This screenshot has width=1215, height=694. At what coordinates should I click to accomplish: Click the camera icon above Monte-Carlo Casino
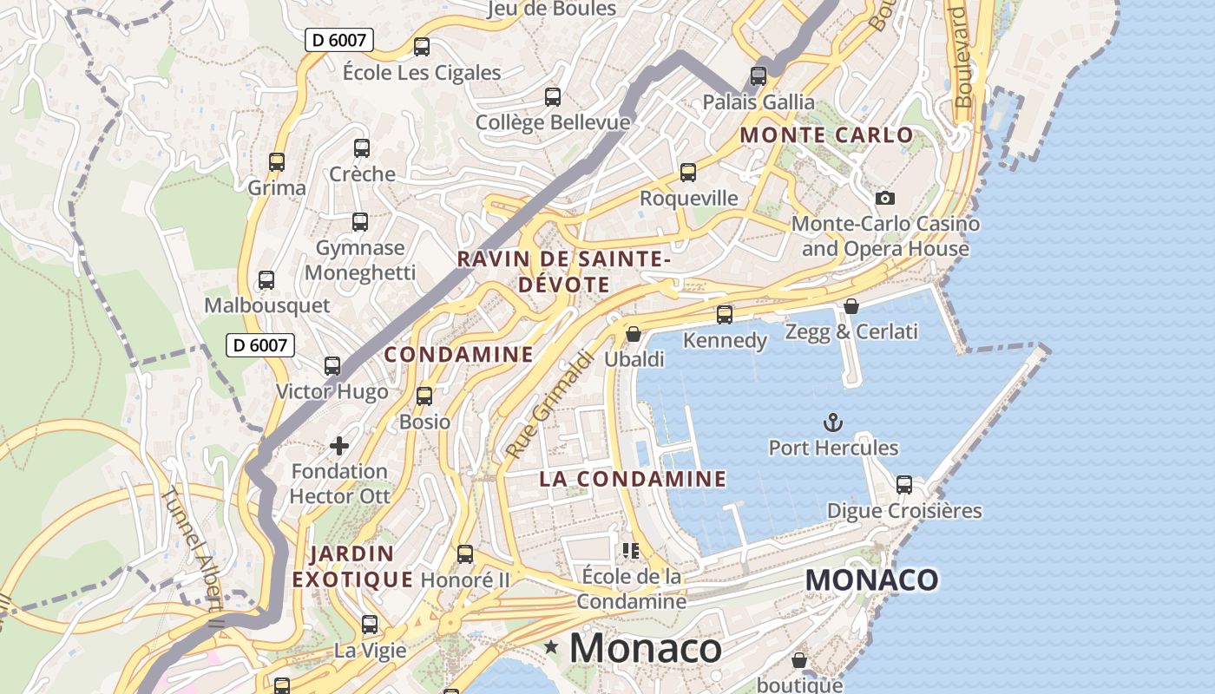tap(884, 198)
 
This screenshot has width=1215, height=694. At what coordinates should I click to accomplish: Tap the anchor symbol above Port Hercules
tap(832, 422)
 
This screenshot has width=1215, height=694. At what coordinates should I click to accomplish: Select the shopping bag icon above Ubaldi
tap(634, 334)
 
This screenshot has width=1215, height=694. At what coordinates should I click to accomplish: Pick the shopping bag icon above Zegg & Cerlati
tap(851, 306)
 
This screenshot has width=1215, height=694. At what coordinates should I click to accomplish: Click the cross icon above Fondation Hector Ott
tap(339, 446)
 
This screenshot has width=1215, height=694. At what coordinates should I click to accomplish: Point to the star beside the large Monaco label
tap(551, 647)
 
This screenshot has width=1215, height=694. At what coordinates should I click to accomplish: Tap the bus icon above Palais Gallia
tap(759, 76)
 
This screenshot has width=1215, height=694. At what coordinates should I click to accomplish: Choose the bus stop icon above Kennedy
tap(725, 315)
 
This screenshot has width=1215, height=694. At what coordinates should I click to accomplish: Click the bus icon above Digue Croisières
tap(904, 485)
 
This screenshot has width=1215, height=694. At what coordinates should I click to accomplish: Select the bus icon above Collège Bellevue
tap(553, 97)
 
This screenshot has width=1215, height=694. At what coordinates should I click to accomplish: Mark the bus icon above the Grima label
tap(277, 162)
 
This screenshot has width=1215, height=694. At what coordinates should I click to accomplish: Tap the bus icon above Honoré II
tap(465, 554)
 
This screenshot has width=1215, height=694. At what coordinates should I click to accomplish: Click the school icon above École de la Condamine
tap(631, 550)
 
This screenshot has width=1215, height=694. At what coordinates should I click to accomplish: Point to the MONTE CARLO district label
tap(826, 135)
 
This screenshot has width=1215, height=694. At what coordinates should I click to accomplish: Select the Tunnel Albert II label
tap(194, 546)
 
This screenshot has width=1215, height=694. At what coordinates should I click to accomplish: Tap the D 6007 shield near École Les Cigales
tap(339, 40)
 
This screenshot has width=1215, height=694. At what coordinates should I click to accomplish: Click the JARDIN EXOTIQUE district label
tap(351, 566)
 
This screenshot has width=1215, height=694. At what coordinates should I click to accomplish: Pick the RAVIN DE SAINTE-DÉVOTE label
tap(564, 272)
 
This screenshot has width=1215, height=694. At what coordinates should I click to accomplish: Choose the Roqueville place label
tap(689, 199)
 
